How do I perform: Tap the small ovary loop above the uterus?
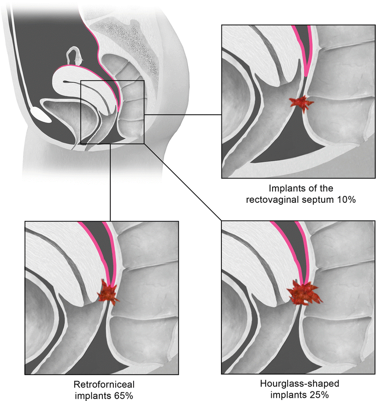(x=73, y=56)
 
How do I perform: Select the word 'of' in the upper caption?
(x=308, y=188)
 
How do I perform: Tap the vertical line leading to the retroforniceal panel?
(x=111, y=183)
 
